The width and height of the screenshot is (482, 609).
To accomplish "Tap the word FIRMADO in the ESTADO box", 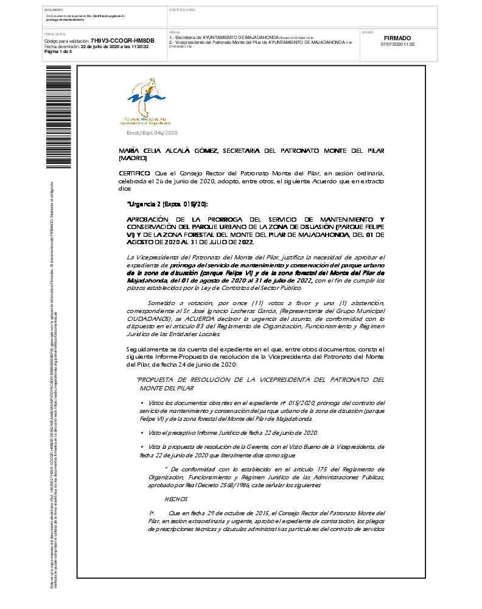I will coord(397,38).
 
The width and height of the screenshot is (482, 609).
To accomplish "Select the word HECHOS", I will coord(176,499).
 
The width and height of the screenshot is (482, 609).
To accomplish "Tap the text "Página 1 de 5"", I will coord(58,52).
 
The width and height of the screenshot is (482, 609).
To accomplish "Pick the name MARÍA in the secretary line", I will coord(130,150).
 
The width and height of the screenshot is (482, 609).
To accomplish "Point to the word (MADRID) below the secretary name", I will coord(133,158).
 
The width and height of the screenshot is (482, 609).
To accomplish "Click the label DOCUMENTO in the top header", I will coord(54,10).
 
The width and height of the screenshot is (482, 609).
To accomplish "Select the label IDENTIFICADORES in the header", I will coord(182,10).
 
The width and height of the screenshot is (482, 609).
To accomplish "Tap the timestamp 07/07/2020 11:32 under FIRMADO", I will coord(397,44).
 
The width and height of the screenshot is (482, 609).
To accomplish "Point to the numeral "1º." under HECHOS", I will coord(152,513).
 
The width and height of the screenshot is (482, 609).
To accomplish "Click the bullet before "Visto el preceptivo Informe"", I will coord(141,432).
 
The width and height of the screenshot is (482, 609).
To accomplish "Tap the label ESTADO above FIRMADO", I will coord(368,32).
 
